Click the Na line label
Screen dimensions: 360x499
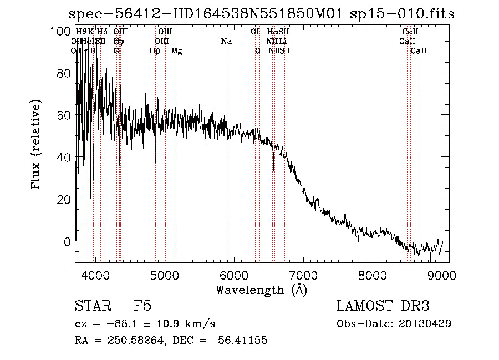[226, 41]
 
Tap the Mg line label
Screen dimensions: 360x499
[176, 50]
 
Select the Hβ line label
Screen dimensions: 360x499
[155, 50]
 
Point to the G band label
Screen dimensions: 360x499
[116, 50]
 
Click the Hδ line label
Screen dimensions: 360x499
[102, 32]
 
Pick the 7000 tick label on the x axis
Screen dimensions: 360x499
[303, 276]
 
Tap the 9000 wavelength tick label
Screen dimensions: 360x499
[442, 276]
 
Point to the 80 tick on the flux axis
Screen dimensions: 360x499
[62, 74]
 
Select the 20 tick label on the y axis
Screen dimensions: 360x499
[62, 200]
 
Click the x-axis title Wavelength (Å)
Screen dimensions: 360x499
[261, 290]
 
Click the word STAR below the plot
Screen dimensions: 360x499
[90, 307]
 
